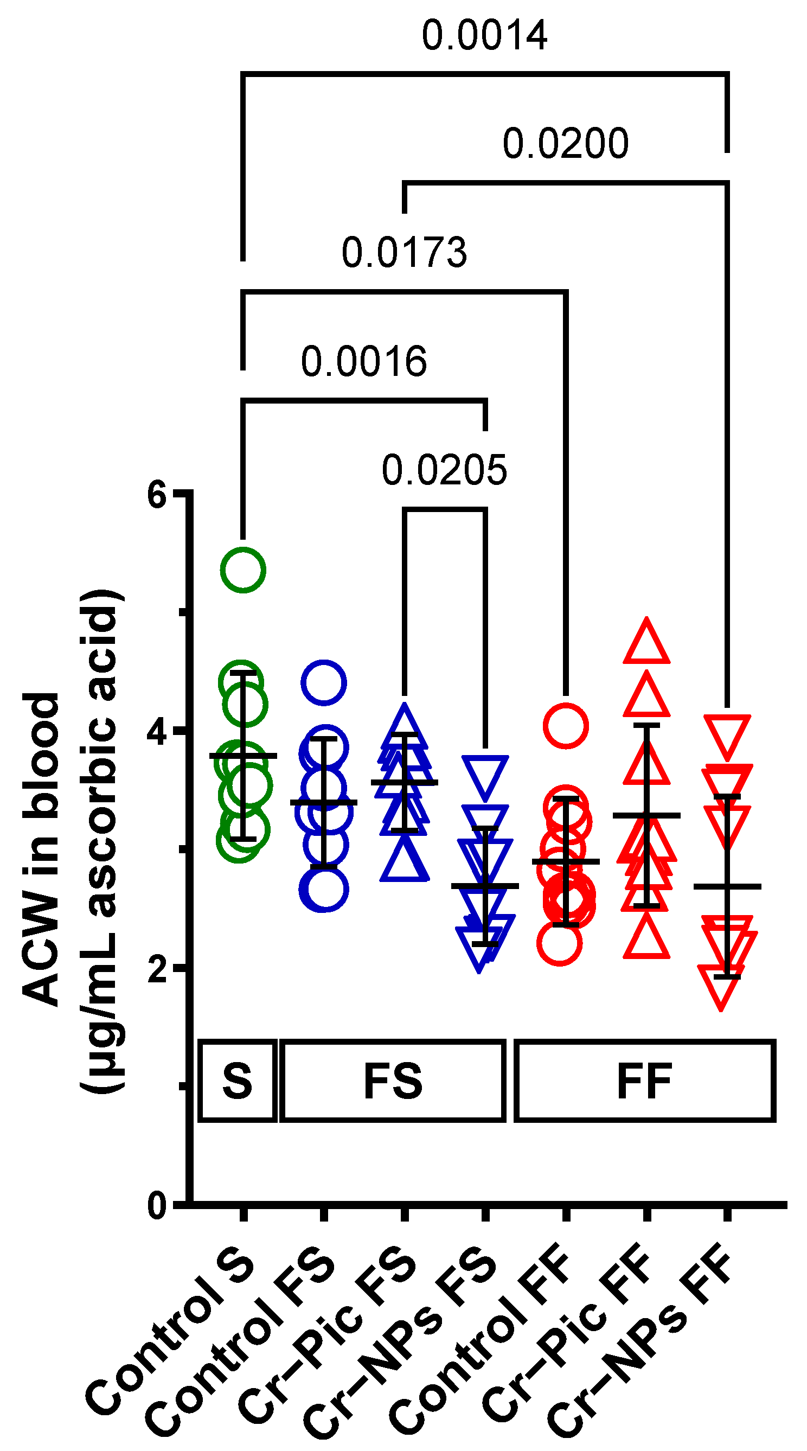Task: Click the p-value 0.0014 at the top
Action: [x=484, y=35]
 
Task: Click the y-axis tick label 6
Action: [x=157, y=496]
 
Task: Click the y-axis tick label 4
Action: [x=157, y=733]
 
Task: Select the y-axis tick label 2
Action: [x=157, y=970]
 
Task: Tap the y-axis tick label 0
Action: [x=157, y=1207]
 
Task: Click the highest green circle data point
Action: [x=243, y=570]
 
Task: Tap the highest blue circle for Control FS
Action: [x=323, y=683]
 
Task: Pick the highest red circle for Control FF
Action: [x=566, y=726]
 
